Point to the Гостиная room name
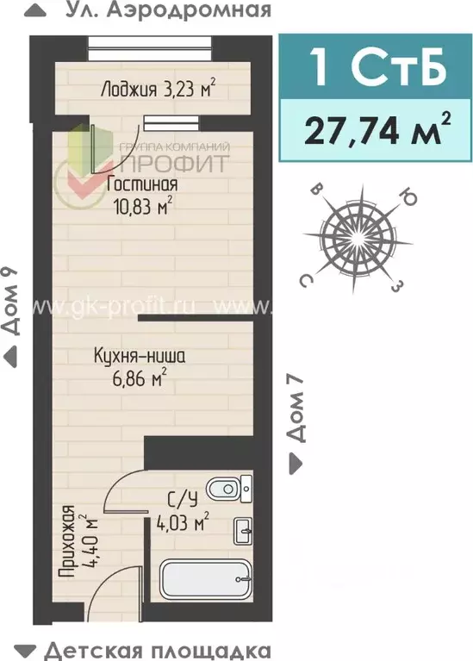[142, 184]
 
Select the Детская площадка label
[157, 650]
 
